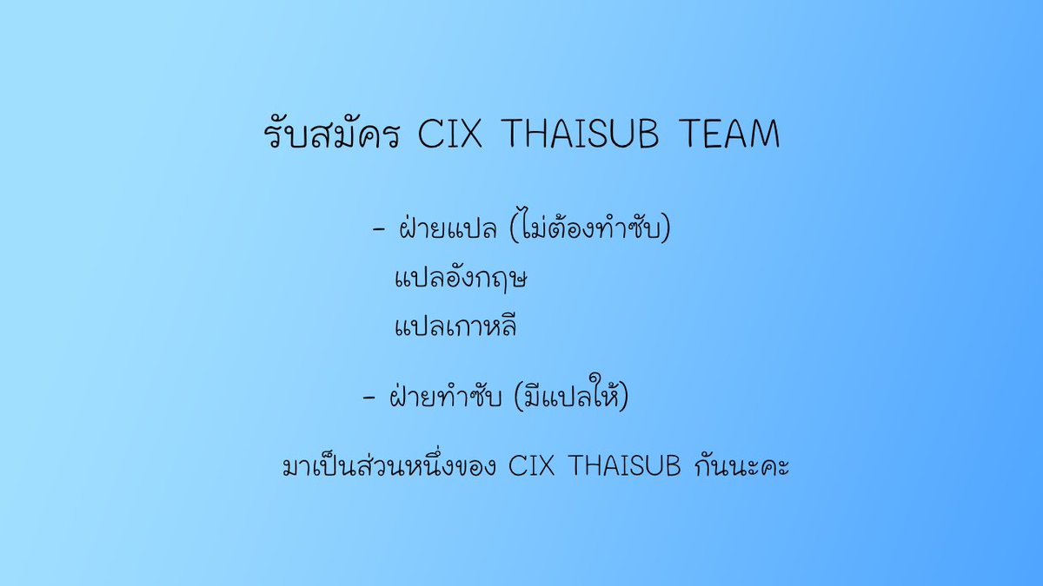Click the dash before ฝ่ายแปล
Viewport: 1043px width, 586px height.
378,232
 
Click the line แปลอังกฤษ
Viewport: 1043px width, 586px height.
462,280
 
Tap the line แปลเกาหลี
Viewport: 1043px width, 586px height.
455,327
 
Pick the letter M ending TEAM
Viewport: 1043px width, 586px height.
764,136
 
